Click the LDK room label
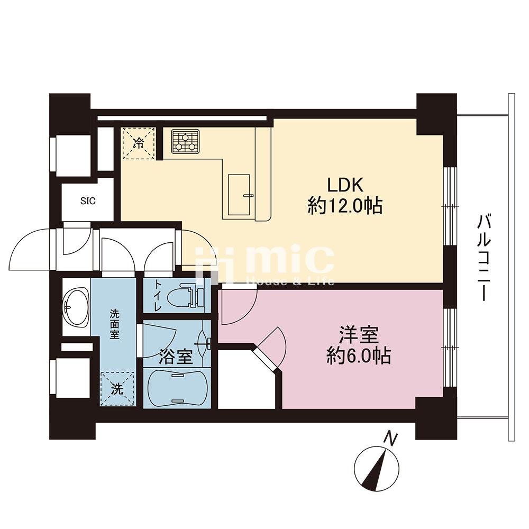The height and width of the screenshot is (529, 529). [x=344, y=185]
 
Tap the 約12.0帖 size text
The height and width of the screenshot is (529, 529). [x=345, y=206]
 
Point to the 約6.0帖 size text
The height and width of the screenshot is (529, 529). [x=358, y=355]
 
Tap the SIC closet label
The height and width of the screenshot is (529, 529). [x=88, y=201]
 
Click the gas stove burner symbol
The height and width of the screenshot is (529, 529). [x=185, y=142]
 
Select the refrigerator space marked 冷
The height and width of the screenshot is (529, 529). [x=138, y=143]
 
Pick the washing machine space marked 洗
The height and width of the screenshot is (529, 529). [x=117, y=389]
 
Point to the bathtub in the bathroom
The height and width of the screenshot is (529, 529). [x=177, y=387]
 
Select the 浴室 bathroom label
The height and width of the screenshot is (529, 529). [x=176, y=357]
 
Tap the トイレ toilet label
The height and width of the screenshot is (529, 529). [x=158, y=296]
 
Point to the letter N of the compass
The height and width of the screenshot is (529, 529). [x=391, y=438]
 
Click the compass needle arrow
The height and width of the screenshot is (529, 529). [x=375, y=470]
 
